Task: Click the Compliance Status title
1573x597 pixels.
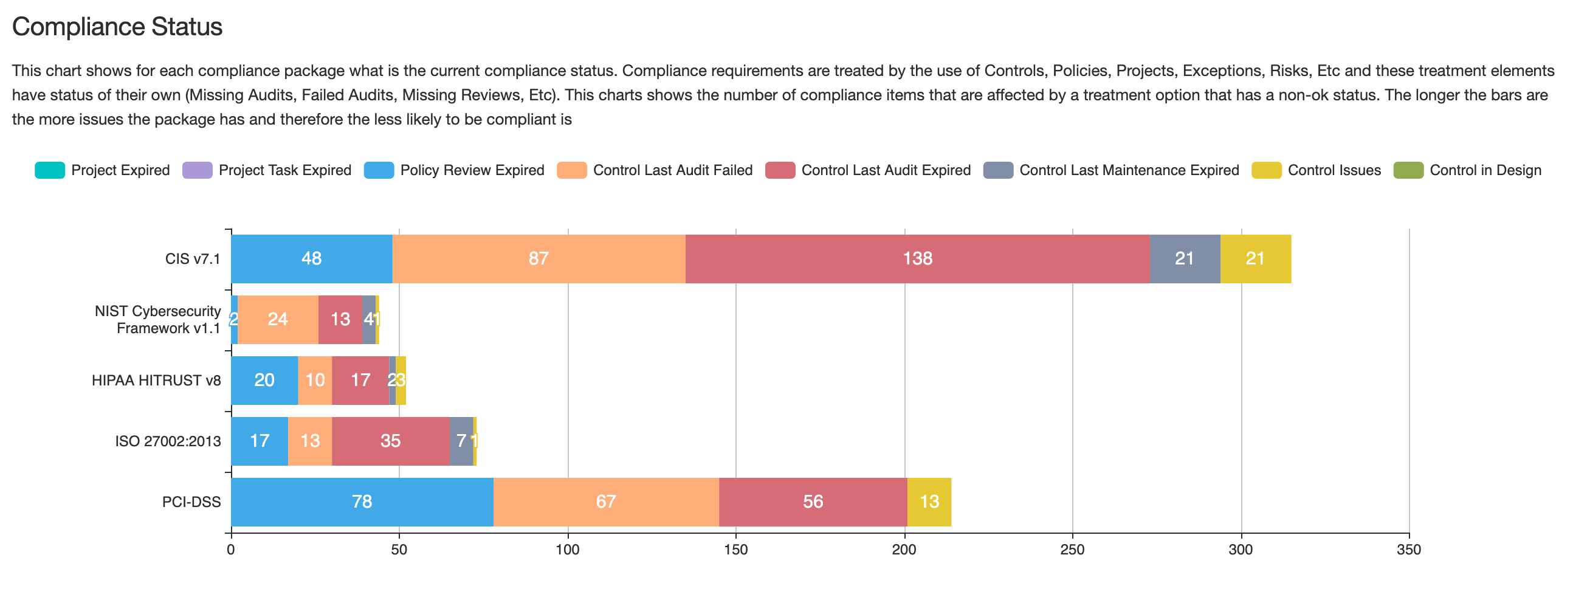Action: point(117,27)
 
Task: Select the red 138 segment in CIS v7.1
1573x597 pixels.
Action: point(917,258)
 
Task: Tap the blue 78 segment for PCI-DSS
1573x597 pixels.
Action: point(362,502)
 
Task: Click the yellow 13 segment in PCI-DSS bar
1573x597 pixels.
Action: point(929,502)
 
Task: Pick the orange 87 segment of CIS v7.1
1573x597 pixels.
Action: point(539,258)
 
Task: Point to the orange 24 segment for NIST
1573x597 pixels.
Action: point(278,319)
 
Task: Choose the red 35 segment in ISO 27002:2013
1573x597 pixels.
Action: point(391,441)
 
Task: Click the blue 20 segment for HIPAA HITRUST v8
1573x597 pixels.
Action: point(264,380)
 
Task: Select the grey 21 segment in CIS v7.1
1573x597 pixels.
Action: point(1185,258)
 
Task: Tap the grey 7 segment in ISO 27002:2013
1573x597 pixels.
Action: point(462,441)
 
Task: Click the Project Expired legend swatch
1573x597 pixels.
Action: point(50,170)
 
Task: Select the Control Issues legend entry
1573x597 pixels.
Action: point(1334,170)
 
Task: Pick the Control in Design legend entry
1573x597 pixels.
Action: point(1485,170)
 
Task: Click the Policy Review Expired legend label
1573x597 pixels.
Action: point(472,170)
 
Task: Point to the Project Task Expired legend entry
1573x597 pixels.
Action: point(284,170)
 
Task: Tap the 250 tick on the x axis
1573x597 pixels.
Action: point(1072,550)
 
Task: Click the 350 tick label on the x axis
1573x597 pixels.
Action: point(1409,550)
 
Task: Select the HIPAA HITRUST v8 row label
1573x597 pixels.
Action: point(156,380)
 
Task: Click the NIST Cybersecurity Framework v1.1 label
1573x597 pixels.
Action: point(158,320)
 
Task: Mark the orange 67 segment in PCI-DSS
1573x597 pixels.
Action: point(606,502)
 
